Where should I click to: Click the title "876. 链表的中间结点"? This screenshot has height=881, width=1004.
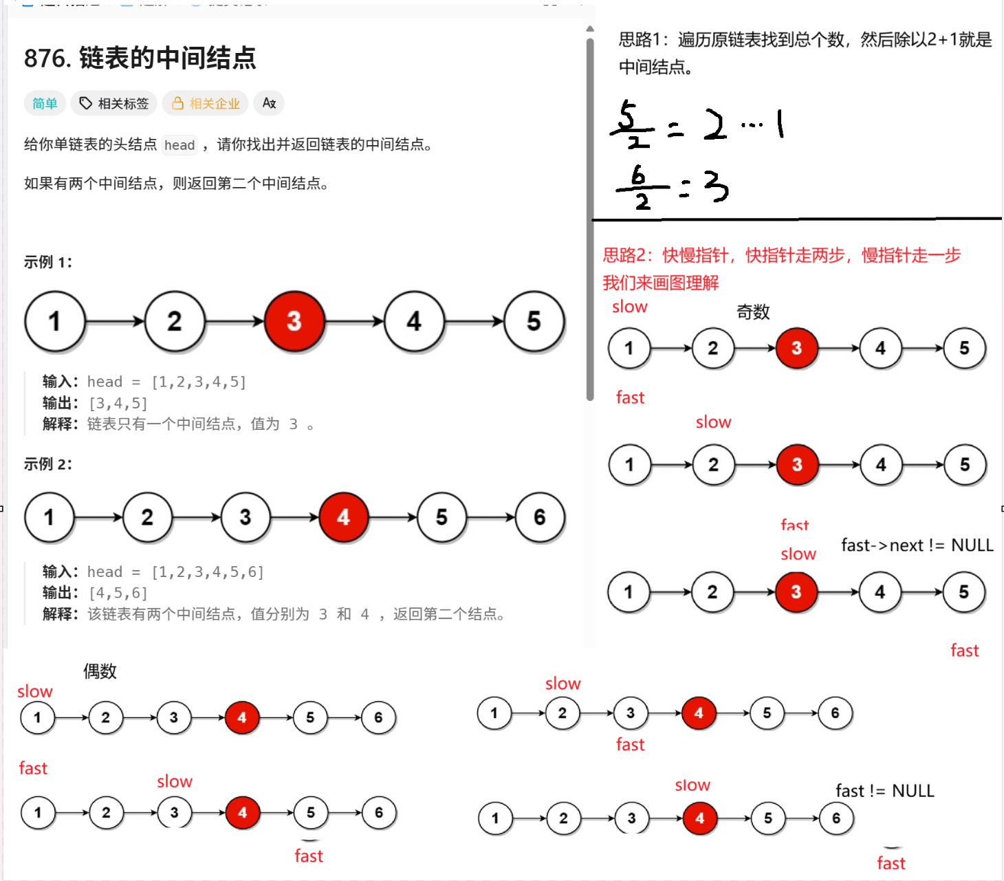click(140, 58)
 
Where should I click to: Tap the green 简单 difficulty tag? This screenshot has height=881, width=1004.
click(45, 103)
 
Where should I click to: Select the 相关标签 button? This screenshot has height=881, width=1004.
click(114, 103)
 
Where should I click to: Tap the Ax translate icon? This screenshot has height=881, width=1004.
click(269, 103)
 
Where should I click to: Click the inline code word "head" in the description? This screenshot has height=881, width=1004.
click(179, 145)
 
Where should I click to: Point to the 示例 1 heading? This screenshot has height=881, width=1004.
click(48, 262)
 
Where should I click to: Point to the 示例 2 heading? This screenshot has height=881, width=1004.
click(48, 464)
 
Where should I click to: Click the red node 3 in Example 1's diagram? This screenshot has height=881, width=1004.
click(294, 321)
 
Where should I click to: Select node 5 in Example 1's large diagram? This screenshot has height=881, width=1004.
click(534, 321)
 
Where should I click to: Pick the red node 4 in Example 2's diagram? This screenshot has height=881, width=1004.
click(343, 517)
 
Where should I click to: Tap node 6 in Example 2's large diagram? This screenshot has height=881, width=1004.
click(540, 517)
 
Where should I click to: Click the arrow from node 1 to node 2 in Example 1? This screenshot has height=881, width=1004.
click(115, 321)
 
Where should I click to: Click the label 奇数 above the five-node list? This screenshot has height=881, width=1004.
click(753, 312)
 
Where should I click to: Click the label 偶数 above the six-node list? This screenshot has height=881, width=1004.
click(100, 671)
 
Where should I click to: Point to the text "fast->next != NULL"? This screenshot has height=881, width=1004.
click(917, 545)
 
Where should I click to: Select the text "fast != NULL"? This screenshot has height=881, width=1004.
click(884, 791)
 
